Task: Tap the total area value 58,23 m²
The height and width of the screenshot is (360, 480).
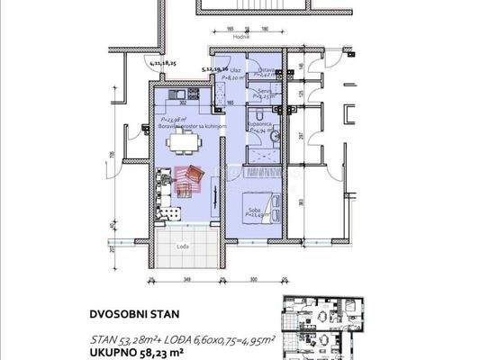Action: point(184,354)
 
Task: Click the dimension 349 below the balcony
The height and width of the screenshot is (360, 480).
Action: point(186,281)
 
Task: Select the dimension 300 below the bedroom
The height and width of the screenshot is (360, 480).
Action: point(253,281)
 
